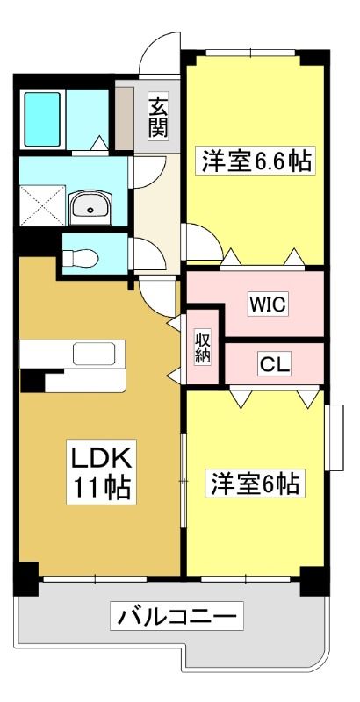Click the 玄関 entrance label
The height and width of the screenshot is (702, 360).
point(159,118)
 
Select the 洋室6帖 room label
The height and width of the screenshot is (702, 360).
point(255,483)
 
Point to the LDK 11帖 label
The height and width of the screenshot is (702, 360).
point(102,471)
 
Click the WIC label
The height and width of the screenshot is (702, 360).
point(268,304)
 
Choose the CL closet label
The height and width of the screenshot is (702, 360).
point(275,365)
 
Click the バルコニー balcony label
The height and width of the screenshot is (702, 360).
point(177,620)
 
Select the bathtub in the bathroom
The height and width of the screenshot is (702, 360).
point(42,119)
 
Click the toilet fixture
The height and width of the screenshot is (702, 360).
point(81,258)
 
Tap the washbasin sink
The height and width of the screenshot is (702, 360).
point(90,209)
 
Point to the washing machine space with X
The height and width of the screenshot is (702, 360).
point(42,206)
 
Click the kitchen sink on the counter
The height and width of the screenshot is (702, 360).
point(95,354)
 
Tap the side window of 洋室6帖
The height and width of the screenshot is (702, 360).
point(335,437)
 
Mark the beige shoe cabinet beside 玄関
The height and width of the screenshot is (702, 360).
point(125,118)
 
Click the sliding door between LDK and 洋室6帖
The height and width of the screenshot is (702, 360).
point(184,480)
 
